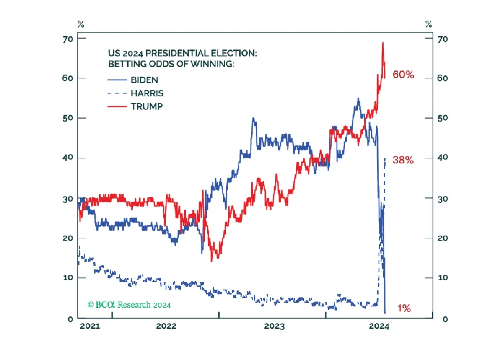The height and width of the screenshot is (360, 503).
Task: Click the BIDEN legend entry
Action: (x=145, y=80)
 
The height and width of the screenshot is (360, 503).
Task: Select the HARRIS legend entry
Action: (x=147, y=93)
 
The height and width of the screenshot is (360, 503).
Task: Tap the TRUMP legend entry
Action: (x=147, y=106)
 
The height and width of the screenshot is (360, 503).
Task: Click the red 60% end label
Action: (x=403, y=75)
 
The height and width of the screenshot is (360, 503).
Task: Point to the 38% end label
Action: (x=403, y=160)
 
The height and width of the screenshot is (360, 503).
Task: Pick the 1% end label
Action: (x=404, y=309)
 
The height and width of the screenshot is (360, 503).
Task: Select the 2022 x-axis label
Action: (x=166, y=326)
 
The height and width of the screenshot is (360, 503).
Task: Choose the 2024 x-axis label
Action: (x=379, y=326)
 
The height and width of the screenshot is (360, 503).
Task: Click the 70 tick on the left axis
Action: (x=68, y=39)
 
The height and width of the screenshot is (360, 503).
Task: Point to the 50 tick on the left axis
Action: (x=68, y=118)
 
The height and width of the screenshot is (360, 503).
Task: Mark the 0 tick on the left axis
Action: (x=70, y=319)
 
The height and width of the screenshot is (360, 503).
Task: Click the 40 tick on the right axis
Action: (x=443, y=157)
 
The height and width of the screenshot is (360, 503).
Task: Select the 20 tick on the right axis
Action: (x=443, y=238)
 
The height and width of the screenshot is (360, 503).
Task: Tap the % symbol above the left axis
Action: (x=80, y=24)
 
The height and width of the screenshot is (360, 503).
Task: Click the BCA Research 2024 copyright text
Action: (x=129, y=305)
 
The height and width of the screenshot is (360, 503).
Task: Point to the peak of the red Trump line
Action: (x=383, y=42)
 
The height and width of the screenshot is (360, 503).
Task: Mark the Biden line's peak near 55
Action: (x=358, y=98)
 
